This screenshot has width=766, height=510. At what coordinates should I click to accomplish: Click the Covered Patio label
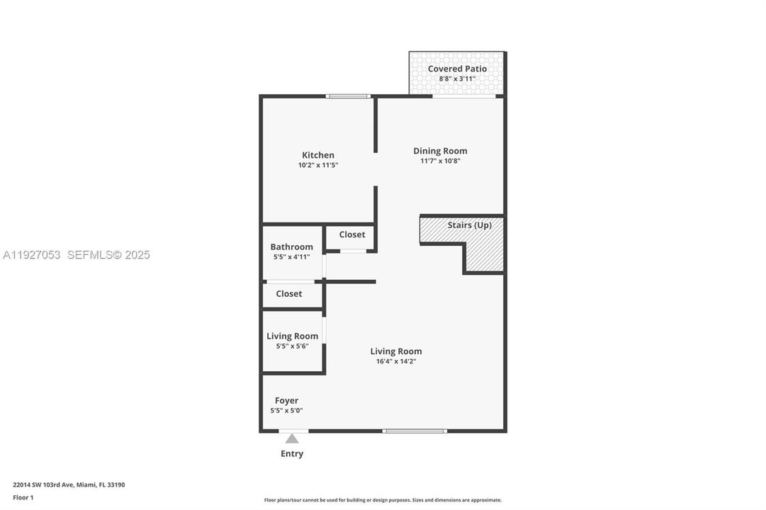point(457,69)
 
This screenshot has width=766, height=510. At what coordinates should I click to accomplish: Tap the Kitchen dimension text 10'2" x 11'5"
point(318,165)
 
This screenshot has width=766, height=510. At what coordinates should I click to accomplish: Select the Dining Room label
point(440,151)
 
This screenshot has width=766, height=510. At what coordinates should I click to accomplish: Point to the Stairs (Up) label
point(469,225)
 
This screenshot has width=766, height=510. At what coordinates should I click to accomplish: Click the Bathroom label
point(291,247)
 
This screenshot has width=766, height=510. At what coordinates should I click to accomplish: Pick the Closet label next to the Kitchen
point(352,234)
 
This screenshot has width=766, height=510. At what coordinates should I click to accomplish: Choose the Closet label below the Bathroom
point(289,294)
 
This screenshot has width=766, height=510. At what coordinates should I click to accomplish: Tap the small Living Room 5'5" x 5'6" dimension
point(292,346)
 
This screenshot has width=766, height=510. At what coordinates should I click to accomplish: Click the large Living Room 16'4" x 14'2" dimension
point(396,361)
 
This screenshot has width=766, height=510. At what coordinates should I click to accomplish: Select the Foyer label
point(286,401)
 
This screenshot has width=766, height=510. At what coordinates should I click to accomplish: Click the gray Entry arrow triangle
point(292,438)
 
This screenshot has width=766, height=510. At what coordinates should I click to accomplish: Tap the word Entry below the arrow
point(292,454)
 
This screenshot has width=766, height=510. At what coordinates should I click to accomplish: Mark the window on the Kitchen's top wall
point(348,96)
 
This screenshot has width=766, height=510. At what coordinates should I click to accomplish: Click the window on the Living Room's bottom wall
point(415,431)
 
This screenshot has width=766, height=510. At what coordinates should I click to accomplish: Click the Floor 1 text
point(23,497)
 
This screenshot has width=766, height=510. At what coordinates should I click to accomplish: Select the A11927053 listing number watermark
point(31,255)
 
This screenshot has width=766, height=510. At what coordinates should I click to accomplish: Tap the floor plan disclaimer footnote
point(383,500)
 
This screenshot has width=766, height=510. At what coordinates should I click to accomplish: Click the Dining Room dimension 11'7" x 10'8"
point(440,161)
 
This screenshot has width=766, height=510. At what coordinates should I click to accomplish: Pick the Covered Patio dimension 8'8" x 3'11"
point(457,79)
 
